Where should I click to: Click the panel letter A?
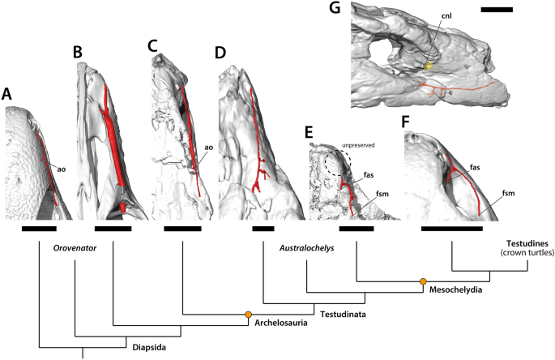[x=6, y=95]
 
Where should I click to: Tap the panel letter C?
[x=152, y=45]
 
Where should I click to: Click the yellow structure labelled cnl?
[x=429, y=65]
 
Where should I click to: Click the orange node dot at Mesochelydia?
[x=422, y=281]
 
